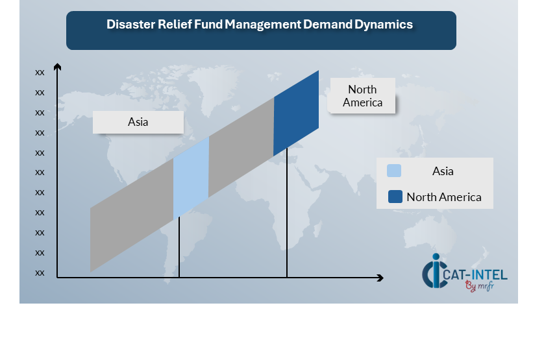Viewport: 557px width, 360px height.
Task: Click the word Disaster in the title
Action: coord(128,25)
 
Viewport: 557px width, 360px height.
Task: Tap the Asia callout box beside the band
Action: coord(138,122)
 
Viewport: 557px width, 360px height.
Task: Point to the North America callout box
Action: coord(363,96)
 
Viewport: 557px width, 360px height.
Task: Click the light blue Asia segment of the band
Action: coord(191,177)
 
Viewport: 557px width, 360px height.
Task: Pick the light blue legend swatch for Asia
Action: coord(394,171)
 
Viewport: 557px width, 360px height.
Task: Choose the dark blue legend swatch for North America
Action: coord(395,197)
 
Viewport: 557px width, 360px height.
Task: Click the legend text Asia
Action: coord(443,171)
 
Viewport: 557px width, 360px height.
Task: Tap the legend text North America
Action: coord(444,197)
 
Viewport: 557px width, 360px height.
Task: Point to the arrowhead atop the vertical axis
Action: coord(57,67)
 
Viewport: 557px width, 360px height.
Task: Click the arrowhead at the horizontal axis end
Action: coord(380,278)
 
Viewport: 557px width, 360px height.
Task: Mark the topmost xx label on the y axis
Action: coord(40,73)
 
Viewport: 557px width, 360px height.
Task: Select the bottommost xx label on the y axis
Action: coord(40,272)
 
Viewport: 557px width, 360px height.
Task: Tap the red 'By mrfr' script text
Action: coord(478,286)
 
